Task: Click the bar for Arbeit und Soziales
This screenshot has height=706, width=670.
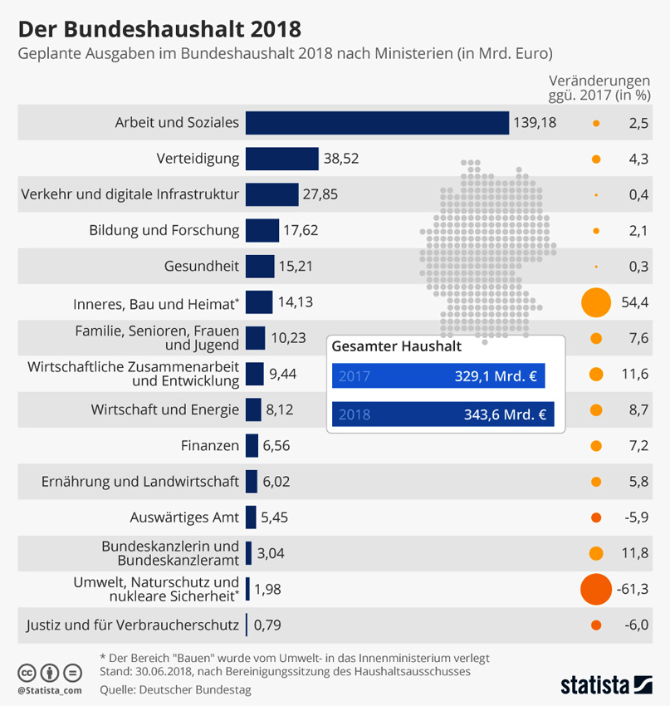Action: coord(377,123)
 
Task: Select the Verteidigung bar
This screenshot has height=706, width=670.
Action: coord(281,159)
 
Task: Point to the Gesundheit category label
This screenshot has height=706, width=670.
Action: coord(202,266)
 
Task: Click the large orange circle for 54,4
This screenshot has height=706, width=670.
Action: coord(596,302)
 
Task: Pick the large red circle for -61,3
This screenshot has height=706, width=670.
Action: coord(596,589)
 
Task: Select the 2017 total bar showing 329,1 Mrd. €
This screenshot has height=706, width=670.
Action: coord(438,376)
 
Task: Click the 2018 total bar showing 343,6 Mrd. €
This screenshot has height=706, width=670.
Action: coord(442,414)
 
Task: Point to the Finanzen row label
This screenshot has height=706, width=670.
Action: coord(209,446)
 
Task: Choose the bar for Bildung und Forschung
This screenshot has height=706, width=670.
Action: coord(262,230)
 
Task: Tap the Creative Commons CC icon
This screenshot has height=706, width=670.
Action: coord(27,672)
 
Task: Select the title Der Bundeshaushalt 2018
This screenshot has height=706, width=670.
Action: coord(159,30)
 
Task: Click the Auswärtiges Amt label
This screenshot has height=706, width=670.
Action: coord(184,517)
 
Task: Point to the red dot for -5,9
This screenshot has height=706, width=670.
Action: coord(596,517)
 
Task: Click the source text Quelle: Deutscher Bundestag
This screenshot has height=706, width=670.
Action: coord(174,689)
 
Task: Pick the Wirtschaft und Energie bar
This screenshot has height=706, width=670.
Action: coord(253,409)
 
